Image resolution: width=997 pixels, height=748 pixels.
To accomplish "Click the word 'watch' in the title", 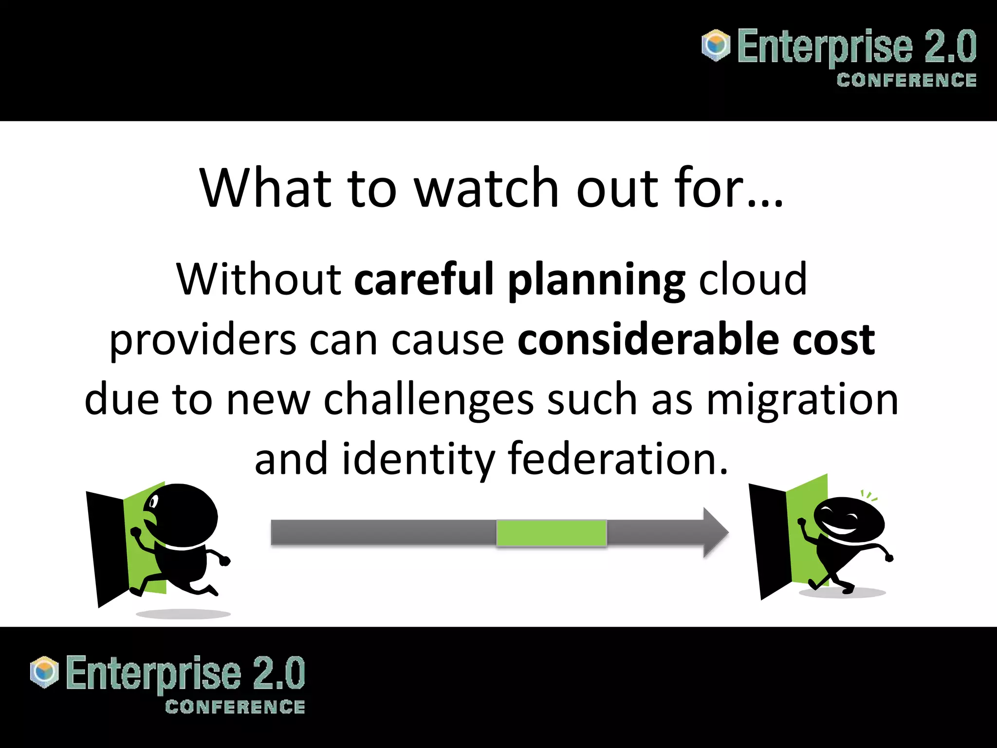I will tap(486, 188).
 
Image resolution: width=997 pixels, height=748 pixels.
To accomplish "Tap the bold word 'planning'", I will tap(596, 281).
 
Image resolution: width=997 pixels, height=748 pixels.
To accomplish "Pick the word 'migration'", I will tap(802, 400).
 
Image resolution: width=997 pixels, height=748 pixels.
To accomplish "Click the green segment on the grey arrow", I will tap(551, 533).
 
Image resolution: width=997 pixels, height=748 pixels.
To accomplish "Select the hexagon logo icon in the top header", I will tap(716, 46).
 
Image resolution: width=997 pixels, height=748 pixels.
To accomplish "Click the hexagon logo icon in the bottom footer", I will tap(44, 672).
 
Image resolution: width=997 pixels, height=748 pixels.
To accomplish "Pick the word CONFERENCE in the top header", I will tap(906, 80).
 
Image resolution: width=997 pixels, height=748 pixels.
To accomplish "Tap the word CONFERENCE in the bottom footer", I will tap(235, 707).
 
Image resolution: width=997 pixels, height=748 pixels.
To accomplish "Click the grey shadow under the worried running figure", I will tap(183, 614).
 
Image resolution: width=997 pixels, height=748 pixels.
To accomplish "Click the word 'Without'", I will tap(258, 280).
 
